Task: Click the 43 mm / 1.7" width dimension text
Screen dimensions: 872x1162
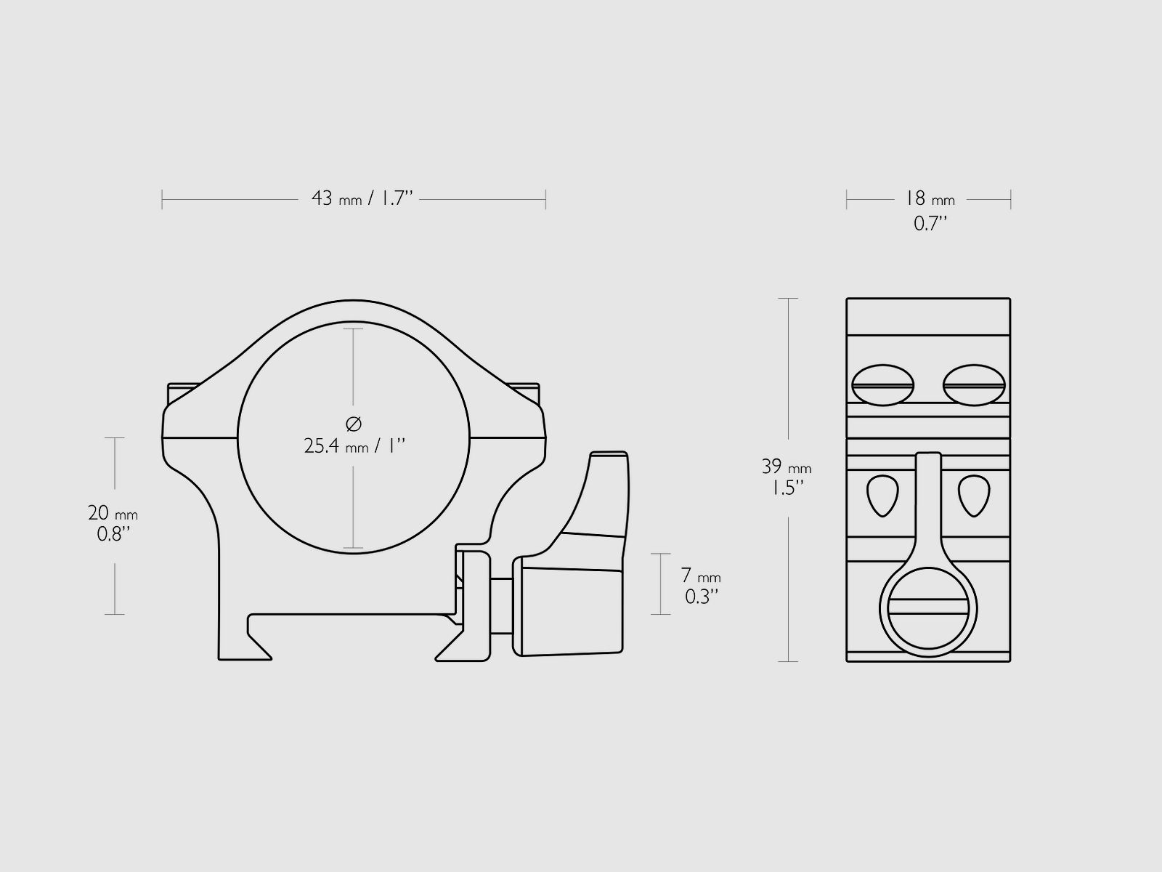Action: point(362,198)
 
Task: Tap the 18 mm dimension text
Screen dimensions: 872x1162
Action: point(929,198)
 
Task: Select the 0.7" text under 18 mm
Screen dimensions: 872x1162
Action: point(930,224)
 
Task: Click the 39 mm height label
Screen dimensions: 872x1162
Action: point(787,467)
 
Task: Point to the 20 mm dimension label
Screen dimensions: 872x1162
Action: point(113,513)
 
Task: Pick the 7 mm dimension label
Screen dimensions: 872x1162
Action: point(701,576)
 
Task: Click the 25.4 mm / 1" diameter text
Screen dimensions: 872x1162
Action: point(354,446)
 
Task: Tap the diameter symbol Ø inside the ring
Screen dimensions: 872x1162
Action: point(354,424)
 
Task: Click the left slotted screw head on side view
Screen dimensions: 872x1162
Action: point(882,384)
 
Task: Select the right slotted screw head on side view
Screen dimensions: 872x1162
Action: point(973,384)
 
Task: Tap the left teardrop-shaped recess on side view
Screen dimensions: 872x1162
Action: point(882,495)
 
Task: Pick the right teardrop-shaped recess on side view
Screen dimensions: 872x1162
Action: point(973,495)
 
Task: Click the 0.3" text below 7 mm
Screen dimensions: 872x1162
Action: point(702,597)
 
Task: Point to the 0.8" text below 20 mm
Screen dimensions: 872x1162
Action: point(113,535)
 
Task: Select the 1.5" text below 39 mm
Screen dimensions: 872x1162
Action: point(787,488)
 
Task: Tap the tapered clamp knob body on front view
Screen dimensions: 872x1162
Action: point(570,610)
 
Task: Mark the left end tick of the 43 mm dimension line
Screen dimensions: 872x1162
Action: point(162,199)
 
